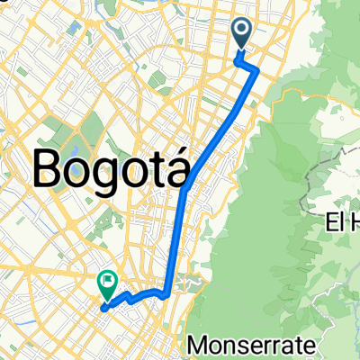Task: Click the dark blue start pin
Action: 244,33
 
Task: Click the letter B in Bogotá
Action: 49,167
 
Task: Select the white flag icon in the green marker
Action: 107,282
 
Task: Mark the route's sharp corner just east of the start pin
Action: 258,69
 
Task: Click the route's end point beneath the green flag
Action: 104,307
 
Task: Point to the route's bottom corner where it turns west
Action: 167,292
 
